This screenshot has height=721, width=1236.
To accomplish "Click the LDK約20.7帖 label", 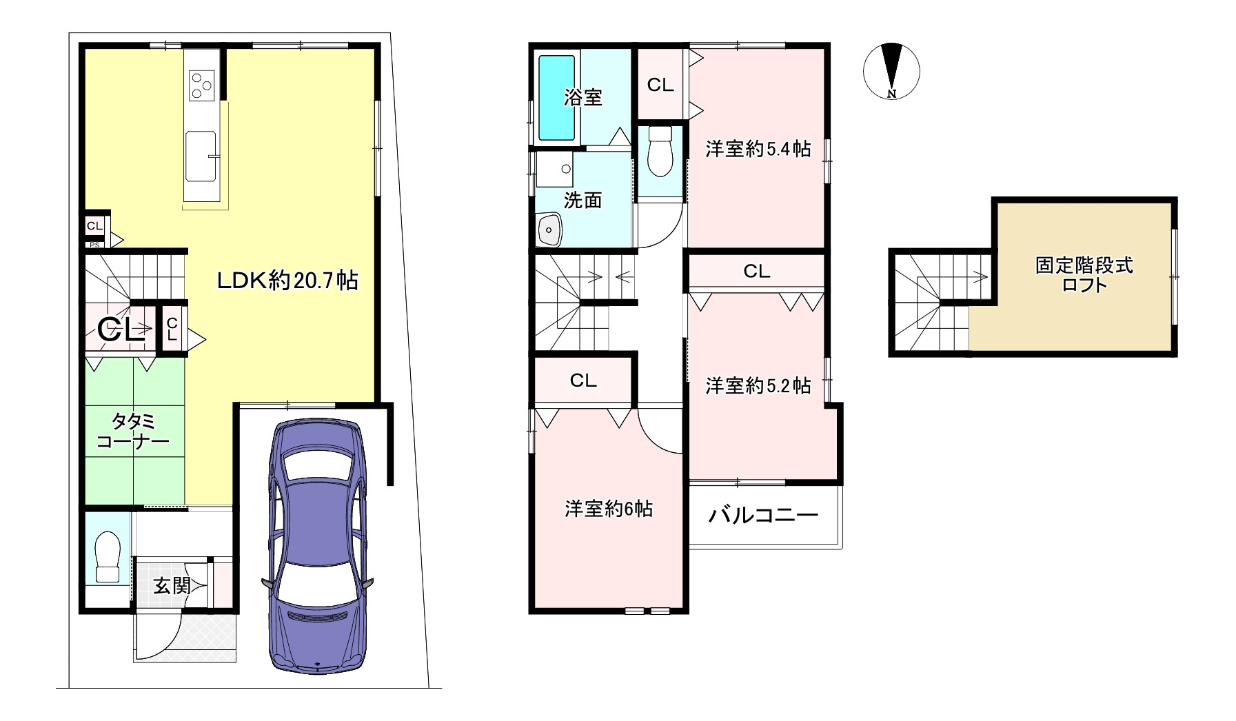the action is [x=287, y=281].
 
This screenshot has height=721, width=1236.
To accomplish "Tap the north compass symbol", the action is [x=891, y=71].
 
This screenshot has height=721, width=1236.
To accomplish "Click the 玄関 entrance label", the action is [x=172, y=586].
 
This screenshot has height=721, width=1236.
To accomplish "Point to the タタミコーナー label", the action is [x=133, y=431].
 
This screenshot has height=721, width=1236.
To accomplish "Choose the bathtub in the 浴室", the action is [x=556, y=98].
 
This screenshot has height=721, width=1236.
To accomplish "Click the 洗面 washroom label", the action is [x=582, y=200].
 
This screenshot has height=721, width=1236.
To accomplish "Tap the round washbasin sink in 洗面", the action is [x=550, y=227].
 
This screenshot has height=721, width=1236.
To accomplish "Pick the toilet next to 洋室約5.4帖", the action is [x=660, y=152].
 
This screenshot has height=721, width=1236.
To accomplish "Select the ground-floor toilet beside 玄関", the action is [x=108, y=557].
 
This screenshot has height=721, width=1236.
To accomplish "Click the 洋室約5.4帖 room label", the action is [x=758, y=149].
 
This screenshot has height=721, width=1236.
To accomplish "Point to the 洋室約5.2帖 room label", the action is [x=758, y=386].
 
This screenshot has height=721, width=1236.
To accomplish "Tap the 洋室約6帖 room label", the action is [x=609, y=509].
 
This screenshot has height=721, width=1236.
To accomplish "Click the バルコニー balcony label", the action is [x=764, y=515].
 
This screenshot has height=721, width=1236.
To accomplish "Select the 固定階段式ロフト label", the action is [x=1084, y=275].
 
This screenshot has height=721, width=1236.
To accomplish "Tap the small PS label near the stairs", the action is [x=94, y=244].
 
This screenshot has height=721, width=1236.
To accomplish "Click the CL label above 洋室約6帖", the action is [x=583, y=380].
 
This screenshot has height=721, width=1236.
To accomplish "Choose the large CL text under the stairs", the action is [x=121, y=330].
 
